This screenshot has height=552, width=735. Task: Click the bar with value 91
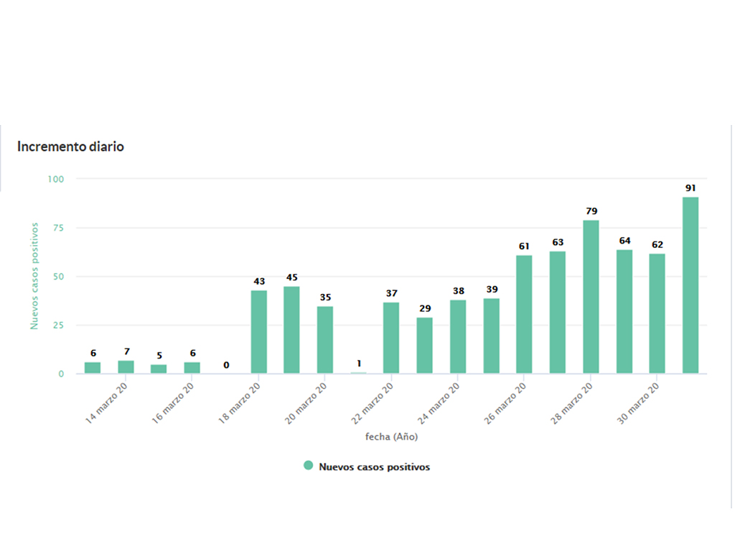click(690, 285)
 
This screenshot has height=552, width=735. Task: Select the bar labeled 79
click(591, 297)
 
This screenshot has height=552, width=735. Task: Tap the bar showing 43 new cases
click(258, 332)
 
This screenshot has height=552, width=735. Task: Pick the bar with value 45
click(291, 330)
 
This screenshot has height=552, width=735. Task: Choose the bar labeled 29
click(425, 346)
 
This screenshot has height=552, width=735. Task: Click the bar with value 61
click(524, 315)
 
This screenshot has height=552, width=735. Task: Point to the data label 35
click(325, 297)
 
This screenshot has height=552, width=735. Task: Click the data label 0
click(226, 365)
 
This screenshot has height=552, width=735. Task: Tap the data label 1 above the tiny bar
click(358, 363)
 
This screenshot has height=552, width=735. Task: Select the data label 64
click(624, 240)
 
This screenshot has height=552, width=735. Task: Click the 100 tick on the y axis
click(56, 178)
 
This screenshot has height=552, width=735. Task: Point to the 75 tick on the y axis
click(58, 228)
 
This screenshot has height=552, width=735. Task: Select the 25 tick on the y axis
click(58, 325)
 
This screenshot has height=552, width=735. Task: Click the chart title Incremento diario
click(70, 147)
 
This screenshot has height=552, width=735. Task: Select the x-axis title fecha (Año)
click(391, 436)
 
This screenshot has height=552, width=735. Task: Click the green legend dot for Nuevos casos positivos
click(309, 466)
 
